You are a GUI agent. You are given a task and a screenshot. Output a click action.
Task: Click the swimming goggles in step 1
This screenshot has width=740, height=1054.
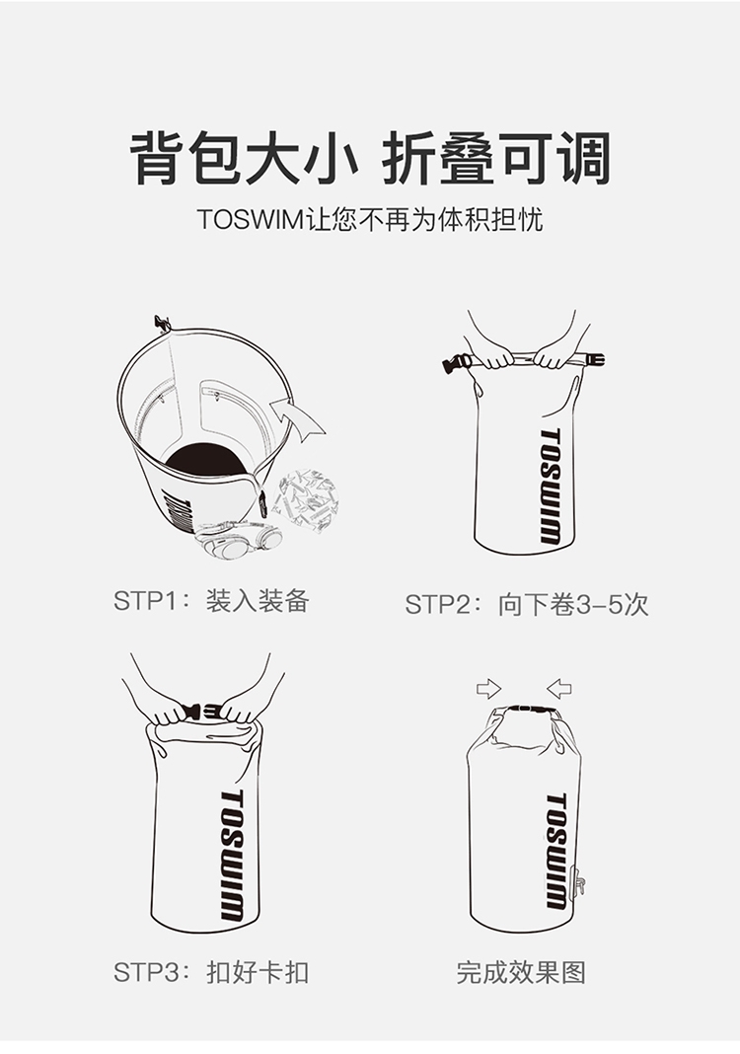(x=239, y=541)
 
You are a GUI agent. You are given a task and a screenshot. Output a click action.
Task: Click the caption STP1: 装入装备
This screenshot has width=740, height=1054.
(x=211, y=600)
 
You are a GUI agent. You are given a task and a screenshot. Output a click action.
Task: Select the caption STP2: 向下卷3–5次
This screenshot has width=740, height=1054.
(x=526, y=604)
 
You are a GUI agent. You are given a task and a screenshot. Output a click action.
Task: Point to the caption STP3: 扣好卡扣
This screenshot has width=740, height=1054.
(x=211, y=972)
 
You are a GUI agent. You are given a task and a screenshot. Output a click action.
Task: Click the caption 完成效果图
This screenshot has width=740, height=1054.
(x=521, y=972)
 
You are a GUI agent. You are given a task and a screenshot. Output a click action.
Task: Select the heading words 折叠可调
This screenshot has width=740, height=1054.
(x=496, y=159)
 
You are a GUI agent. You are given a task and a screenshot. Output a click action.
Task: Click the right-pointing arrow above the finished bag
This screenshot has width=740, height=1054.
(x=488, y=688)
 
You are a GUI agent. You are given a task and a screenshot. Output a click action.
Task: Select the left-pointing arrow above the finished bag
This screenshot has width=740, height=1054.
(x=558, y=688)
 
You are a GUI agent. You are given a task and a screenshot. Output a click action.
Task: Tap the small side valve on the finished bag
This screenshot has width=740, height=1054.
(x=579, y=881)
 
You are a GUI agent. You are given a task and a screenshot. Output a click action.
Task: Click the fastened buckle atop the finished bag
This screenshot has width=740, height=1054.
(x=531, y=708)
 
